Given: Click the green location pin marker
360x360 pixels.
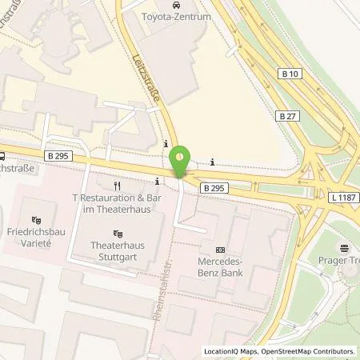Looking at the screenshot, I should [x=183, y=159].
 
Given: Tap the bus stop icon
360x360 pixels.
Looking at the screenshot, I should [x=3, y=156].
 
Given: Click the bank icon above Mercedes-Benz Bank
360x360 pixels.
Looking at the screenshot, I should [x=221, y=249].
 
